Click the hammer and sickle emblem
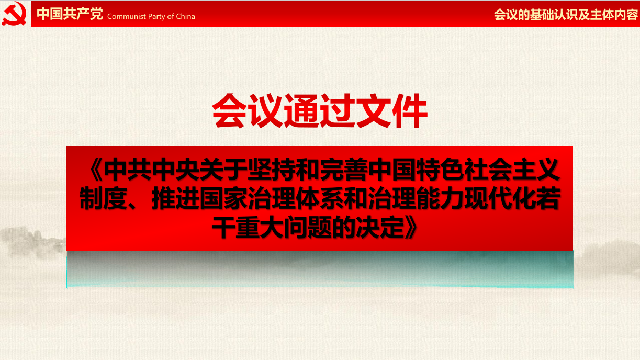coord(14,13)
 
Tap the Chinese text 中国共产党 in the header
coord(70,14)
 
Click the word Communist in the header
coord(127,16)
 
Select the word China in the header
coord(185,16)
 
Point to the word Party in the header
coord(156,17)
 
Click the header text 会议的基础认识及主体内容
coord(566,15)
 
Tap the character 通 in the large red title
coord(302,110)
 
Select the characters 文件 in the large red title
coord(392,110)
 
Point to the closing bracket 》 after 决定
coord(411,227)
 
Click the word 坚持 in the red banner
coord(272,170)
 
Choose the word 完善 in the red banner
coord(343,170)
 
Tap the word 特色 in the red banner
coord(440,170)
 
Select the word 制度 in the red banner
coord(104,198)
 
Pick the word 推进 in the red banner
coord(175,198)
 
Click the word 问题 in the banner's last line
coord(308,227)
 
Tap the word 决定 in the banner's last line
coord(380,227)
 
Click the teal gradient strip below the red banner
coord(320,269)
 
